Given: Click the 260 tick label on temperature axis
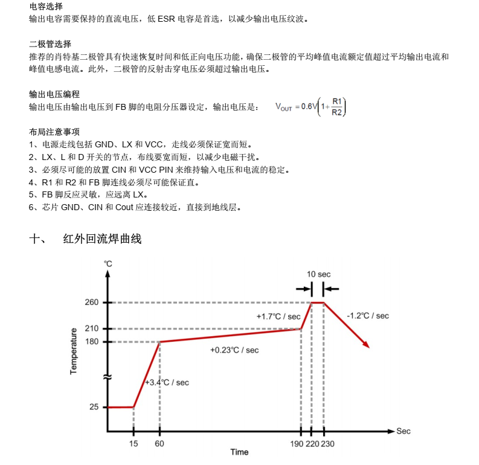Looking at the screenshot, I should (x=91, y=303).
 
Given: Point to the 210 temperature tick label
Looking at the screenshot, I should (x=91, y=329).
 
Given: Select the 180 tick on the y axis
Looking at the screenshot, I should (x=91, y=342).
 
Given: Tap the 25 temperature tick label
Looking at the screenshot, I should (x=94, y=408).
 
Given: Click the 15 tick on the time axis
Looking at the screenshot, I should (x=133, y=444).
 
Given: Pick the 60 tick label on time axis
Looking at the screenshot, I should (x=159, y=444).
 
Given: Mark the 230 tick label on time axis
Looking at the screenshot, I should (x=327, y=444).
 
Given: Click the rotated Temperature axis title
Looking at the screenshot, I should (x=74, y=351).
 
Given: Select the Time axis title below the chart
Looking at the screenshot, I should (x=239, y=452).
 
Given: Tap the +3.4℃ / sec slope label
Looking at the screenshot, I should (x=167, y=382).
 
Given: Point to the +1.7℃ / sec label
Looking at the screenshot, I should (x=278, y=316).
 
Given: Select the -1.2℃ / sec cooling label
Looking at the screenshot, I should (x=368, y=316).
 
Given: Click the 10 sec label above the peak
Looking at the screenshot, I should (x=318, y=274).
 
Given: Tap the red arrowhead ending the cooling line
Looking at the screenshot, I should (x=366, y=344).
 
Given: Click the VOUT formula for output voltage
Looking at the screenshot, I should (x=310, y=107).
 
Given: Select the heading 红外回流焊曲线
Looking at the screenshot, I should (x=102, y=239).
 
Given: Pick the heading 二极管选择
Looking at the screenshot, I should (x=50, y=44).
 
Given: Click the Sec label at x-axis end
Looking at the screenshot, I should (x=403, y=431).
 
